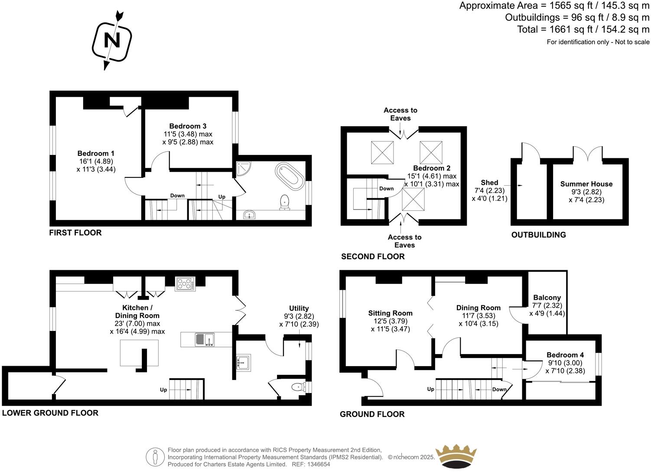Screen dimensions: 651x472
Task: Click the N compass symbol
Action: [112, 41]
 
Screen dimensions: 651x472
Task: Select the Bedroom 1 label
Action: [96, 154]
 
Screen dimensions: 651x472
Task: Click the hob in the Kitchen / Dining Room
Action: [185, 284]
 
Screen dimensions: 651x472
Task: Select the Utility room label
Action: [299, 308]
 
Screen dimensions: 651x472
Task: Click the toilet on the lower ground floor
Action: [298, 387]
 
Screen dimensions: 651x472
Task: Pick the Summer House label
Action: [586, 184]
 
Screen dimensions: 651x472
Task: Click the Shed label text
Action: [489, 183]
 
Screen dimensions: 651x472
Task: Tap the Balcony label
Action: [547, 298]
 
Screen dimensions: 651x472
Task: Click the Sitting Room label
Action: [390, 313]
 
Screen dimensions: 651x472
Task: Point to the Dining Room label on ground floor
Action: [478, 308]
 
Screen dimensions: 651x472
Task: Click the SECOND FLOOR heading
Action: [373, 256]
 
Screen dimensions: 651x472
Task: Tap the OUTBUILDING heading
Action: [538, 235]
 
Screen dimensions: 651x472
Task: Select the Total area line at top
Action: [583, 29]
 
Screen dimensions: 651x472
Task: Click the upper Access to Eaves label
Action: [400, 114]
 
